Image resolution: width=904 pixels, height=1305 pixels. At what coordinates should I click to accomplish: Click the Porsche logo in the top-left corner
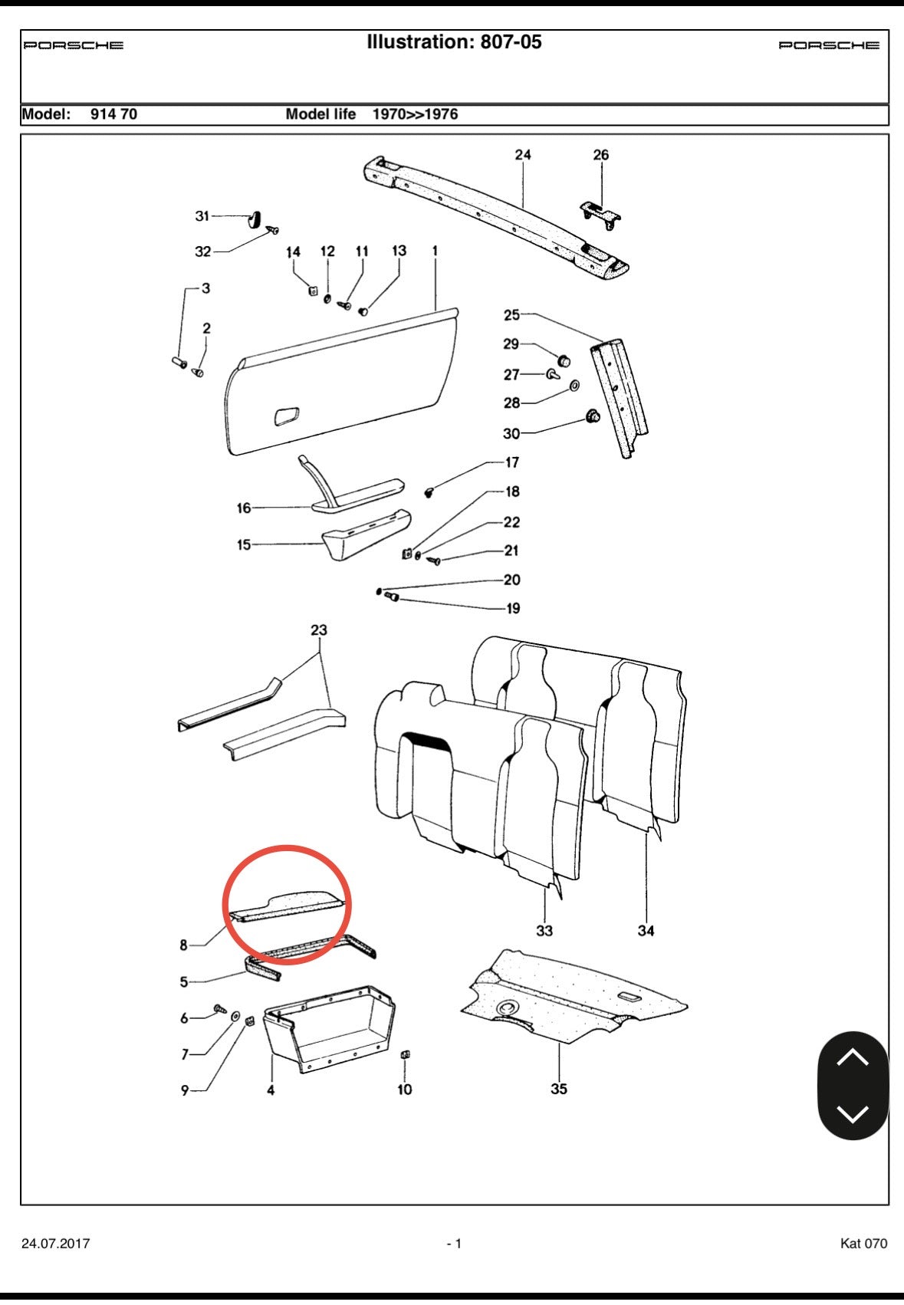[x=74, y=45]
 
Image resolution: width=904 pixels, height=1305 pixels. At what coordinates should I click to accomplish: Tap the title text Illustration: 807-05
[x=454, y=42]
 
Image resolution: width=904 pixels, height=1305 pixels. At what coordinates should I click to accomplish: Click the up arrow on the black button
[x=853, y=1058]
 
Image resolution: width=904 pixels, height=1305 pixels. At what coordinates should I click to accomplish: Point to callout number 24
[x=523, y=155]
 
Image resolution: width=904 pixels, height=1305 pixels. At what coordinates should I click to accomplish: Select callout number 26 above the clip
[x=601, y=155]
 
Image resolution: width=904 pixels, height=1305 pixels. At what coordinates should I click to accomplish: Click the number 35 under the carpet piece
[x=559, y=1089]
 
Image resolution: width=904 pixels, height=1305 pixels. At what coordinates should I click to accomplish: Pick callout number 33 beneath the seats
[x=544, y=931]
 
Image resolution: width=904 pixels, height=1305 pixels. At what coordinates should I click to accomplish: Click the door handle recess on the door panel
[x=287, y=416]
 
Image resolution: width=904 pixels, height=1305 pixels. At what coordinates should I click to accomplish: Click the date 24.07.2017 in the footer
[x=55, y=1244]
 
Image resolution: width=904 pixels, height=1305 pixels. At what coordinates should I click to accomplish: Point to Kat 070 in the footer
[x=863, y=1244]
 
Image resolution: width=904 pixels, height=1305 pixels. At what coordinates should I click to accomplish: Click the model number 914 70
[x=113, y=114]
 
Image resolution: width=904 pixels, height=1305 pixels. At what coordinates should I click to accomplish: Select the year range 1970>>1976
[x=415, y=114]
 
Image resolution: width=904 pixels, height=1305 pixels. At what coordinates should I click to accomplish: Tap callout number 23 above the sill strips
[x=319, y=630]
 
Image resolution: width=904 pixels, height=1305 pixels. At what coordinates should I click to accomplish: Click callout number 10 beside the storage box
[x=405, y=1089]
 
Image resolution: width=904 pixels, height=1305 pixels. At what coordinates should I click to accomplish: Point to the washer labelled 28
[x=575, y=384]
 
